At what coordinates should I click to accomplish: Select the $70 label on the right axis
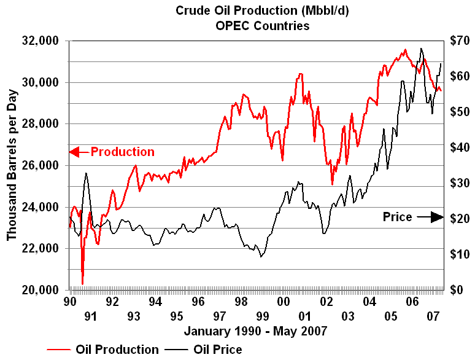click(x=460, y=41)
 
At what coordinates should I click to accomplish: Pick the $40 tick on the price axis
click(x=460, y=147)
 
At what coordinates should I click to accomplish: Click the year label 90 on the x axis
click(x=69, y=302)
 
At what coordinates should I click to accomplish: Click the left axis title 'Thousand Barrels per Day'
click(x=12, y=165)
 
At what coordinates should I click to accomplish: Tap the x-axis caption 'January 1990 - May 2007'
click(x=255, y=331)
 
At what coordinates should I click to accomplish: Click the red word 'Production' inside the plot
click(x=123, y=152)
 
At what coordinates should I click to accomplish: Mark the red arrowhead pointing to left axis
click(x=75, y=152)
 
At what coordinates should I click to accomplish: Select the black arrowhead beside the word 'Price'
click(x=436, y=217)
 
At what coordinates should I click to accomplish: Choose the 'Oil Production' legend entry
click(x=117, y=350)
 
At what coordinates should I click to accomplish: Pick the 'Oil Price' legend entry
click(x=217, y=350)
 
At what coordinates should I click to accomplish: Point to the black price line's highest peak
click(x=421, y=49)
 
